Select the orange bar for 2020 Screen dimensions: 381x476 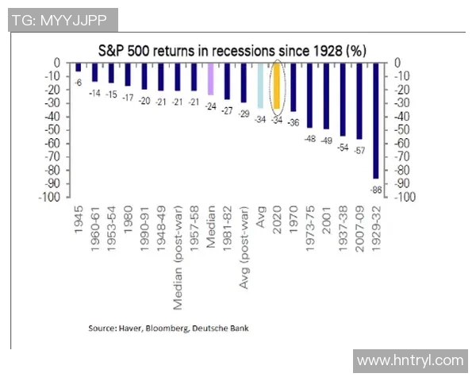pos(277,86)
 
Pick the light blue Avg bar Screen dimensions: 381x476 pos(260,86)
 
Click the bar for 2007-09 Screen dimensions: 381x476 pos(359,101)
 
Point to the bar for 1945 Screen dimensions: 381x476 pos(78,67)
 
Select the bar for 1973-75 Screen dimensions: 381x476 pos(310,95)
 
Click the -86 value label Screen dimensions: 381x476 pos(376,190)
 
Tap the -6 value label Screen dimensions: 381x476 pos(79,82)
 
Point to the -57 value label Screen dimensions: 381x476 pos(359,150)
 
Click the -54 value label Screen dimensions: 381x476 pos(343,147)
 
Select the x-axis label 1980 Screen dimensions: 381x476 pos(128,222)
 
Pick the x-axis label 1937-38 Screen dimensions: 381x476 pos(343,233)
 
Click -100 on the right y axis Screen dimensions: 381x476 pos(404,197)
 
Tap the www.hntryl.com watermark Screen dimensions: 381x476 pos(409,360)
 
